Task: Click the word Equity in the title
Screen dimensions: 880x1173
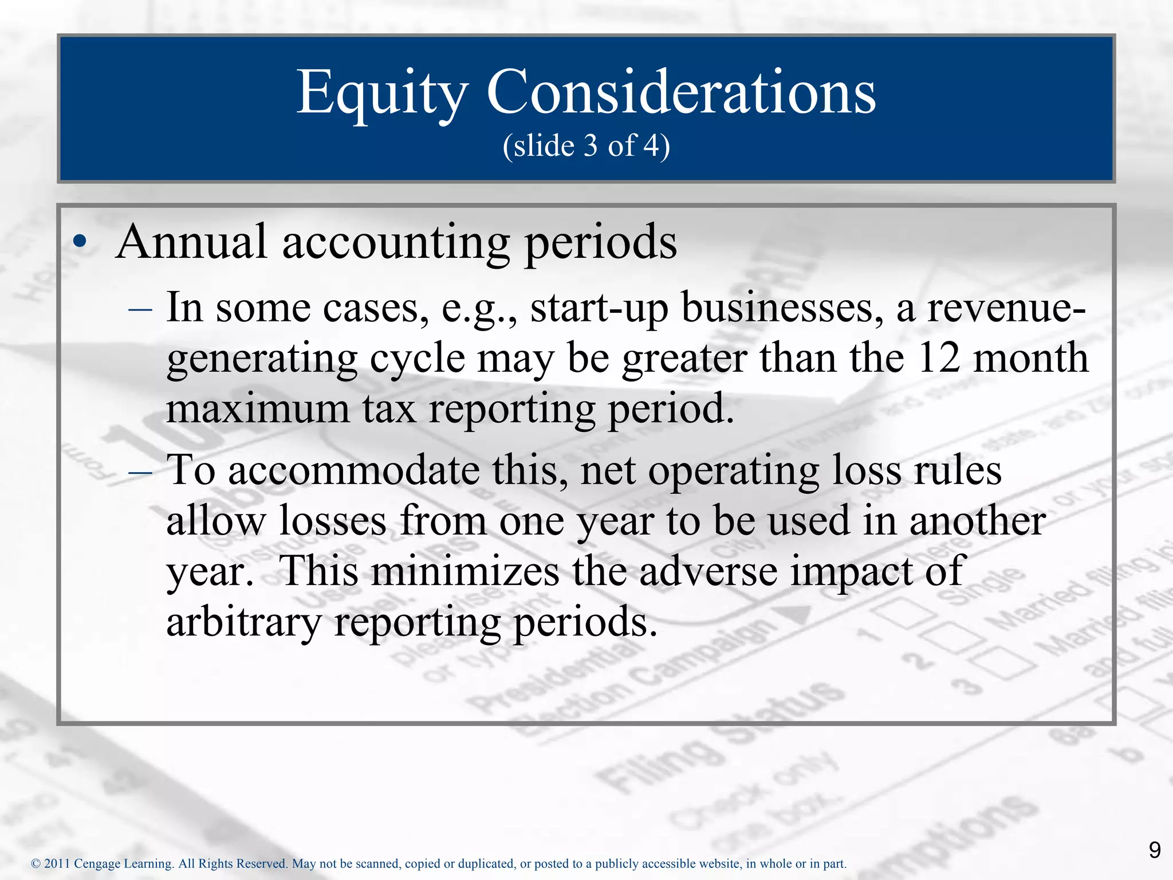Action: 382,93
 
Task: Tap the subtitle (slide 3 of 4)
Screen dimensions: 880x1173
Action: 586,146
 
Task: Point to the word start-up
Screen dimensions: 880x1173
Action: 599,308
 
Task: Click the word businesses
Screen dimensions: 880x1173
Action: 782,308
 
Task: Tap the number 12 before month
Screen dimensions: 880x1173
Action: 938,358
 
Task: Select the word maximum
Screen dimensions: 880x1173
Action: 258,409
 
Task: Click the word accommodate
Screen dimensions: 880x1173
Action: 353,470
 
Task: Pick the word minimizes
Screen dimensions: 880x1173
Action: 465,571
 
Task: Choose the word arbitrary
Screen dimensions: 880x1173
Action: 243,622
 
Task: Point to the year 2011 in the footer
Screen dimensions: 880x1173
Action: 57,863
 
